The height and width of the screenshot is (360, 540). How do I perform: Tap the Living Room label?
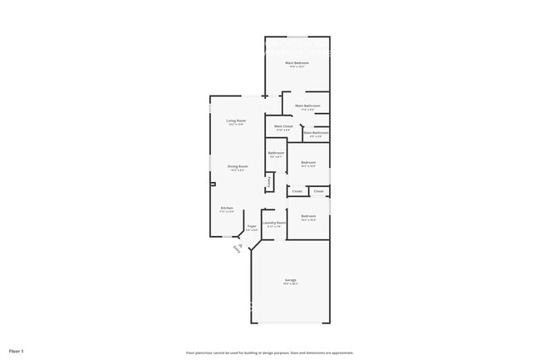[236, 121]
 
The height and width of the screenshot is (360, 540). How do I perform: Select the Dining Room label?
[236, 166]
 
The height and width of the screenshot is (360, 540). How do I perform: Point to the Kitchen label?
[226, 208]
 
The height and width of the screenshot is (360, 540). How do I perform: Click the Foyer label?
[251, 226]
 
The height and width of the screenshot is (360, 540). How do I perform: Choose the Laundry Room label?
[274, 223]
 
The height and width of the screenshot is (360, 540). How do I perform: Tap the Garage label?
[291, 280]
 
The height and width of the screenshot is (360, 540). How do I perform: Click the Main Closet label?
[283, 126]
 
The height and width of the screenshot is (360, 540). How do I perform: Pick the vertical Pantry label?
[269, 181]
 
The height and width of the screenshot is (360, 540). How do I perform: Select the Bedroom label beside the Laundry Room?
[308, 216]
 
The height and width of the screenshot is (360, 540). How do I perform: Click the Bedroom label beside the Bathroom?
[308, 162]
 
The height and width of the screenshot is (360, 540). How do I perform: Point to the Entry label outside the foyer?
[237, 247]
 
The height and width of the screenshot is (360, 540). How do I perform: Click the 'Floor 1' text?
[17, 351]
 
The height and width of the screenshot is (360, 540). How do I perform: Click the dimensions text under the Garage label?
[291, 284]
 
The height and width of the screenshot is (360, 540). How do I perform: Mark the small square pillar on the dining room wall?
[213, 184]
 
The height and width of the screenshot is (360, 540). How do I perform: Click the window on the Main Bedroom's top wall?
[297, 37]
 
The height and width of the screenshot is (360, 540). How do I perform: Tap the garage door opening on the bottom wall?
[291, 323]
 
